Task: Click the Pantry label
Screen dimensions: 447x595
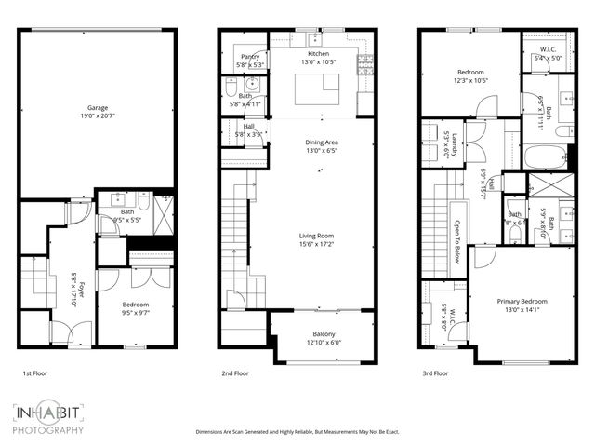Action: click(249, 61)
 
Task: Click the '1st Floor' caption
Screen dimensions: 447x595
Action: click(36, 373)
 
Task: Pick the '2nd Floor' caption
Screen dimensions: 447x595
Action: click(234, 373)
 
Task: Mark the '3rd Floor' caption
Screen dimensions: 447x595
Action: click(434, 373)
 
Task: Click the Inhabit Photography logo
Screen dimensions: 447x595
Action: click(48, 419)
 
